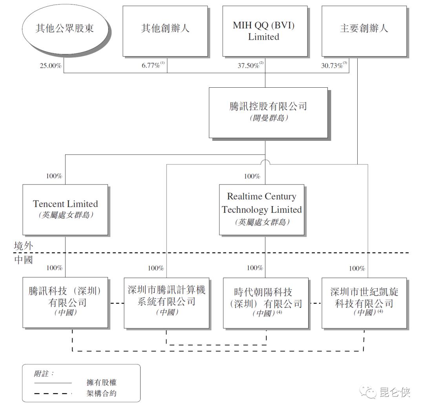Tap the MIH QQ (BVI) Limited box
point(264,31)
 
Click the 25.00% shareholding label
point(51,66)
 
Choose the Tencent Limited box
point(65,209)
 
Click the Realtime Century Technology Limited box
point(262,209)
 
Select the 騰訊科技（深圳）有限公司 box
point(65,302)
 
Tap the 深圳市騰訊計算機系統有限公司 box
point(166,302)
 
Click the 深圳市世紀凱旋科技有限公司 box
point(364,302)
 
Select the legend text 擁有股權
point(101,382)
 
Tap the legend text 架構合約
point(101,393)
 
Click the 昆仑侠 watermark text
point(394,392)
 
